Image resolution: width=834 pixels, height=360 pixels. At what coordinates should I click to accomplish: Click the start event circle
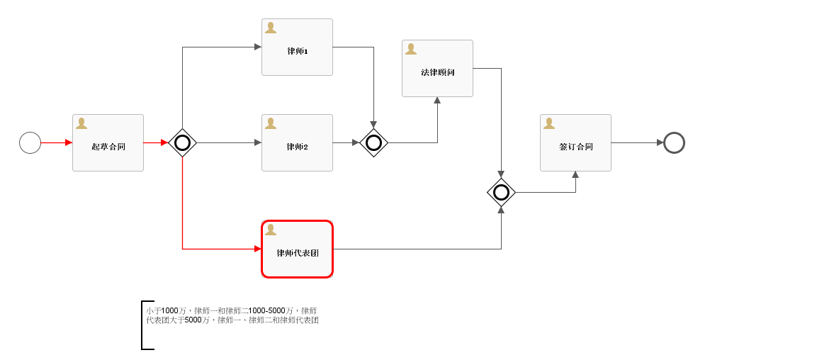click(30, 142)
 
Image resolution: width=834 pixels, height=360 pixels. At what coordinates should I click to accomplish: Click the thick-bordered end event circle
click(674, 142)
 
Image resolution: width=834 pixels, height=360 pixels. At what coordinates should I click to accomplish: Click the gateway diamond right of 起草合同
click(182, 142)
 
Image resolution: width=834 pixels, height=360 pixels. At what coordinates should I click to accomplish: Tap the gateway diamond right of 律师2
click(373, 142)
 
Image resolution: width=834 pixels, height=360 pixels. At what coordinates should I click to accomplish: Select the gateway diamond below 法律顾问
click(501, 192)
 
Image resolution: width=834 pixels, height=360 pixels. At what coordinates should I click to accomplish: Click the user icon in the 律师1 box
click(271, 28)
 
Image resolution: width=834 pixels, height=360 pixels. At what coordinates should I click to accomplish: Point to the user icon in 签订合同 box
click(549, 123)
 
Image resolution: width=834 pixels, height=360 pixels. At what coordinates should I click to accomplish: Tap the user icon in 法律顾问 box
click(411, 49)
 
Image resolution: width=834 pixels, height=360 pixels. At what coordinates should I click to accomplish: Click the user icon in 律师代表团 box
click(271, 230)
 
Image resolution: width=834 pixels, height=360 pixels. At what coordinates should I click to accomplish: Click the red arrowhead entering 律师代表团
click(257, 249)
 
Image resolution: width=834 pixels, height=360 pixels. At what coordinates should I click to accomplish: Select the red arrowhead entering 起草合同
click(69, 142)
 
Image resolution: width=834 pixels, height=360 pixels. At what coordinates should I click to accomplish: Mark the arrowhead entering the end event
click(660, 142)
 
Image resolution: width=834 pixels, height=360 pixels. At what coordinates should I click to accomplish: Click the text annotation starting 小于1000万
click(232, 315)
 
